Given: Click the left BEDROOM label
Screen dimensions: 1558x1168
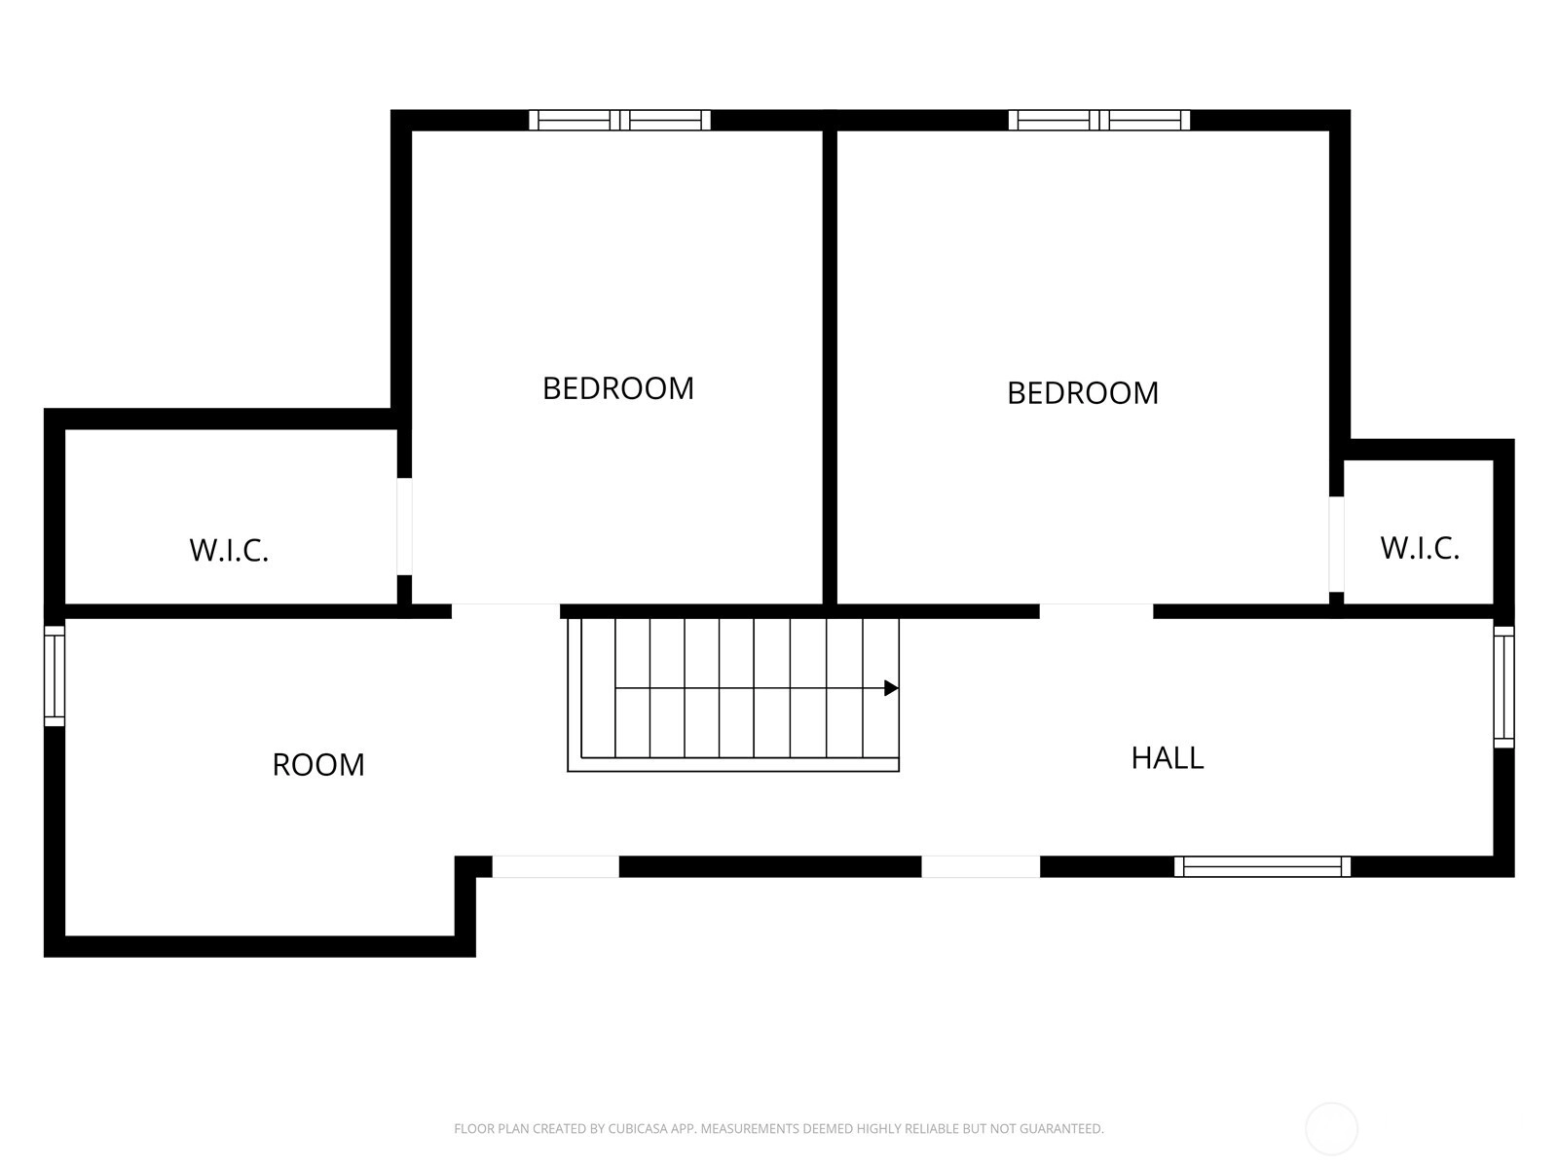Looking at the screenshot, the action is point(617,388).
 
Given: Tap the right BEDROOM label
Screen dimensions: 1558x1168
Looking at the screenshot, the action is point(1083,393).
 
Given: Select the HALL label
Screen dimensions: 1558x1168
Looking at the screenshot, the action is point(1167,758).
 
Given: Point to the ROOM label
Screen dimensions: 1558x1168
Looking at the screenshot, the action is point(318,764).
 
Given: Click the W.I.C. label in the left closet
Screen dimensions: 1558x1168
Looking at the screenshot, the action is point(229,550).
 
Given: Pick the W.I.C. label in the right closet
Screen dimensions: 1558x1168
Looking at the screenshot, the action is point(1420,548).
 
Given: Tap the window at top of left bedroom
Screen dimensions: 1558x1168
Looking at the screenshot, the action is point(619,120).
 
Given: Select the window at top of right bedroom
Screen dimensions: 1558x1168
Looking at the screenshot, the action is point(1098,120).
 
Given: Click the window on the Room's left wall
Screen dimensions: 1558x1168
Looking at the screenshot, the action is point(55,675).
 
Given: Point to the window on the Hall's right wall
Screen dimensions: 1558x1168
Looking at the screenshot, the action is point(1504,686).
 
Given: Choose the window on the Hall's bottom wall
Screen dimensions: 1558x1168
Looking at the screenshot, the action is point(1262,866).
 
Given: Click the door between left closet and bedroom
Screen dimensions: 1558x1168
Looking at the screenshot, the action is point(404,527).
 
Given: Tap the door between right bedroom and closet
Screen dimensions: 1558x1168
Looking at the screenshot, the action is point(1337,544).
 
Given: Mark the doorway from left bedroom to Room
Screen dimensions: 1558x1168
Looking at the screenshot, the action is point(505,611).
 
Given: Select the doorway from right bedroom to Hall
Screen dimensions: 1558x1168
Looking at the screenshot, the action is point(1095,611).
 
